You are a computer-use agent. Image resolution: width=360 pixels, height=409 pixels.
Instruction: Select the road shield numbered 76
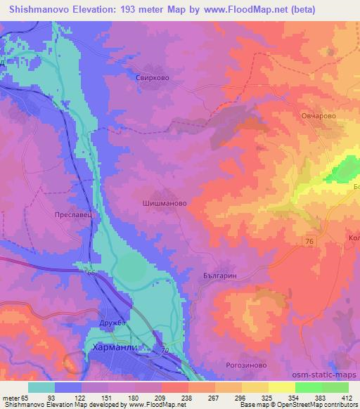point(311,240)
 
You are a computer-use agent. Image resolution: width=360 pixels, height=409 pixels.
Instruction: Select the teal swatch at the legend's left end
point(41,387)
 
